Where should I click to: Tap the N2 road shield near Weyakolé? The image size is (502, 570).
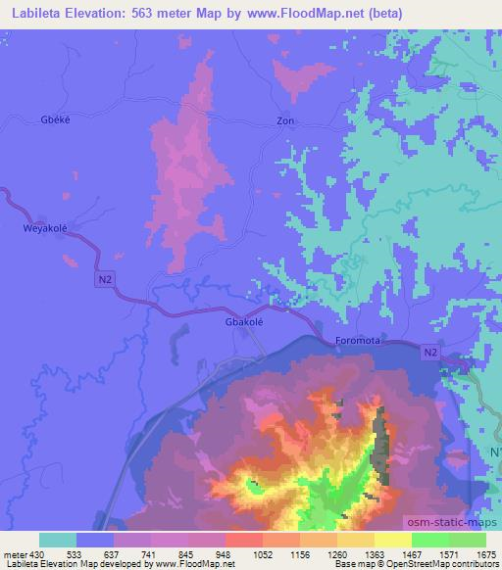coord(105,280)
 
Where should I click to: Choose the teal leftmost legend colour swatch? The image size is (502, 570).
coord(58,540)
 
